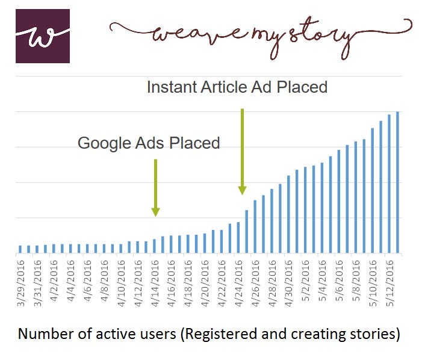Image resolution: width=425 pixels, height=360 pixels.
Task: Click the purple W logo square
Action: click(x=42, y=36)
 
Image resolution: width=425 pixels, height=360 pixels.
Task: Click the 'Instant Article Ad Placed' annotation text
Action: click(x=237, y=87)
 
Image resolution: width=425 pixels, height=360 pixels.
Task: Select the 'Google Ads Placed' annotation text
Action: click(x=149, y=143)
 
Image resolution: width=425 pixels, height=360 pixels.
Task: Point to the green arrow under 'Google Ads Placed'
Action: click(x=155, y=187)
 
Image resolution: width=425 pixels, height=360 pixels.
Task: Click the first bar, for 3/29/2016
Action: click(x=20, y=249)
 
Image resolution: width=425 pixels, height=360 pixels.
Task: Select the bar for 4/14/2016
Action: click(x=155, y=246)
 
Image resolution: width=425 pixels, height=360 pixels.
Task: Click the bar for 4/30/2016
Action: click(x=288, y=214)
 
